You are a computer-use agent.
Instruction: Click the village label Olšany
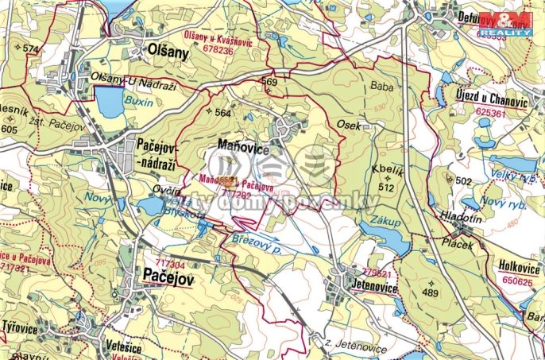point(168,51)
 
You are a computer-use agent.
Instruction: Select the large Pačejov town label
point(169,275)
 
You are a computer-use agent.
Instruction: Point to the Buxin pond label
point(136,101)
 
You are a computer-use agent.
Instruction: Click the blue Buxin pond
point(107,101)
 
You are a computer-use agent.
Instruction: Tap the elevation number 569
point(269,82)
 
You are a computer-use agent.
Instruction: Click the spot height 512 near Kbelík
point(387,188)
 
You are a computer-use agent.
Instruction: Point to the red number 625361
point(489,113)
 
